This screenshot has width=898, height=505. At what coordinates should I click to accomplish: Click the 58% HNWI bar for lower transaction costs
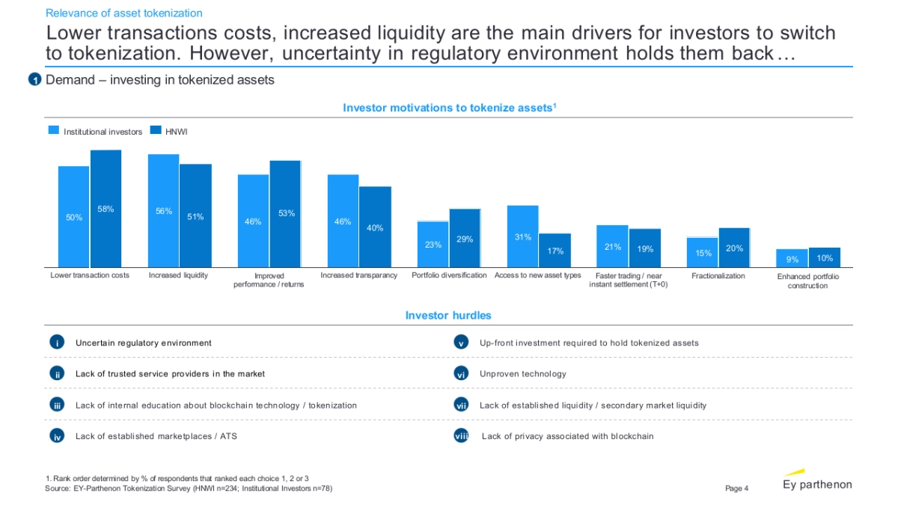coord(106,209)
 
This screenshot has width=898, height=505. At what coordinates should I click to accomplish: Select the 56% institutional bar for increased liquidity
coord(163,211)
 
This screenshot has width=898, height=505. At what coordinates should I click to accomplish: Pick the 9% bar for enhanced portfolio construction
coord(792,258)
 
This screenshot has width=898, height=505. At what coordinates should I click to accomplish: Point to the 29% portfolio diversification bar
coord(465,238)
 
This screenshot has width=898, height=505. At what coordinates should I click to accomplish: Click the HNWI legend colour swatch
coord(156,131)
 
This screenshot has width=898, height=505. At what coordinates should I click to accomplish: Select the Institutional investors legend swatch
coord(54,131)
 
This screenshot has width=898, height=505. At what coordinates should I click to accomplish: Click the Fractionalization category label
coord(718,276)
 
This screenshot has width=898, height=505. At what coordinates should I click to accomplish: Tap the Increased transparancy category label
coord(358,276)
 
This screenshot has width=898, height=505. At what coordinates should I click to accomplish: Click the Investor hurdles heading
coord(448,316)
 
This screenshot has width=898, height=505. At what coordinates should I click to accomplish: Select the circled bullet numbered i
coord(56,343)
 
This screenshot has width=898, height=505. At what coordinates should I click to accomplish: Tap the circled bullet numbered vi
coord(461,374)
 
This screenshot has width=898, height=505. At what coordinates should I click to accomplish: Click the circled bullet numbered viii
coord(461,436)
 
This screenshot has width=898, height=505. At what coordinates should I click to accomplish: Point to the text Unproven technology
coord(522,374)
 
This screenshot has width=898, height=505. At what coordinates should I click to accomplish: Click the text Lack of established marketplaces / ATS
coord(156,436)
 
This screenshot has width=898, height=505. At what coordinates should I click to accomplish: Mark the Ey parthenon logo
coord(816,482)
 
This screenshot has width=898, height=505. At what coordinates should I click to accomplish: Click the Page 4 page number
coord(736,489)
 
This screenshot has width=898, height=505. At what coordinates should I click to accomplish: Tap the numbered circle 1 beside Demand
coord(34,80)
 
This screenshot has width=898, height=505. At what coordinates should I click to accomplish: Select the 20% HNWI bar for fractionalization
coord(734,248)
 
